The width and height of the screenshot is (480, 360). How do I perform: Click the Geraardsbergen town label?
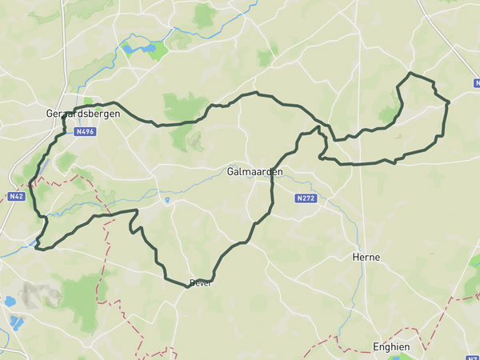tap(83, 114)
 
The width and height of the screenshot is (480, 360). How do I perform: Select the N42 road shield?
tap(17, 195)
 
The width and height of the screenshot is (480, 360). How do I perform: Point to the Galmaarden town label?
tap(254, 171)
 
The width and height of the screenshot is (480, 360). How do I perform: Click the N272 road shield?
tap(305, 198)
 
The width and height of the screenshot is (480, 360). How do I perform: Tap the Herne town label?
tap(366, 257)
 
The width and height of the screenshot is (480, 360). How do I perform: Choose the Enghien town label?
tap(392, 346)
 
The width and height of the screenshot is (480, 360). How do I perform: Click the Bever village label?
tap(199, 283)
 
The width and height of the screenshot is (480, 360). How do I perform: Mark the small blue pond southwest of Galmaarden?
tap(167, 200)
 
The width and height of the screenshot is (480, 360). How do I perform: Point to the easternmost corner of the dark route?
tap(449, 102)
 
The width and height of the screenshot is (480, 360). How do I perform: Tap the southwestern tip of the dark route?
tap(36, 248)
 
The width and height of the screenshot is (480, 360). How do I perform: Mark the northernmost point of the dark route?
tap(411, 74)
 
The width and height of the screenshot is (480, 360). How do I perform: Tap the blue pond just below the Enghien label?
tap(398, 357)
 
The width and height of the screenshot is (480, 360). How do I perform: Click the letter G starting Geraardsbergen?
tap(50, 114)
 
